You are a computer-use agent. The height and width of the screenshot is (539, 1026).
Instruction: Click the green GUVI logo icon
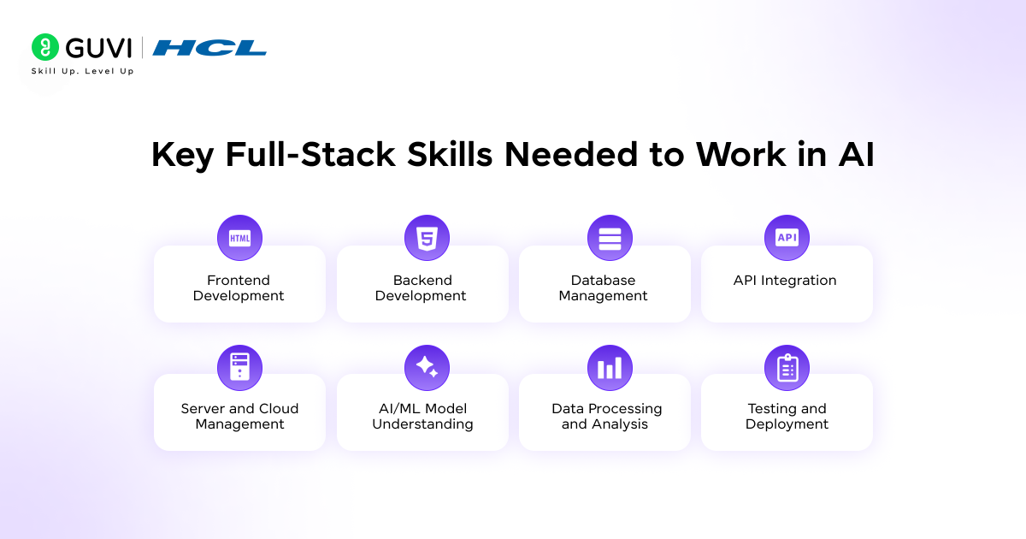coord(45,47)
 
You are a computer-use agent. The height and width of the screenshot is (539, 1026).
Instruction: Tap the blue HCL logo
coord(209,48)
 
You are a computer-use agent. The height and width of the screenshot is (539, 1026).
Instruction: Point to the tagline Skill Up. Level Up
coord(82,71)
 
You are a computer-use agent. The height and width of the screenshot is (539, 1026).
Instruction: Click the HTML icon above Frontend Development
coord(239,238)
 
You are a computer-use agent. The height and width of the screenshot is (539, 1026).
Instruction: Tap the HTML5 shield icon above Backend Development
coord(427,238)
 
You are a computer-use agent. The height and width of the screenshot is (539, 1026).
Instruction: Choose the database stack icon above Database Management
coord(610,238)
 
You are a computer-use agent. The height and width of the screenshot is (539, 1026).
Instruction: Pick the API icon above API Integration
coord(787,238)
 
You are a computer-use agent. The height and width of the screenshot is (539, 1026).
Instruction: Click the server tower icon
coord(239,367)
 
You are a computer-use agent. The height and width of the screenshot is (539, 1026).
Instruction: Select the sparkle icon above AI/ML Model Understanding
coord(427,367)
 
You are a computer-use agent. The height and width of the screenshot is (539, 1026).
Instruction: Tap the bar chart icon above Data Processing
coord(610,368)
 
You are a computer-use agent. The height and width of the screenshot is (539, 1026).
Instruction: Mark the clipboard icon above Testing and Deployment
coord(787,368)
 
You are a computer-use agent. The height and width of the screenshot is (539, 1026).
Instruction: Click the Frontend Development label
coord(239,288)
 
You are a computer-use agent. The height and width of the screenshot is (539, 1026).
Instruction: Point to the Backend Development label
coord(422,288)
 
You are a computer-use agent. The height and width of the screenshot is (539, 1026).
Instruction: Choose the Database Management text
coord(604,288)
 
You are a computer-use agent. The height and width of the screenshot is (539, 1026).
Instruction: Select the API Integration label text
coord(785,281)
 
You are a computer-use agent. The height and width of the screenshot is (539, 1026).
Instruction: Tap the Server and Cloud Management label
coord(239,417)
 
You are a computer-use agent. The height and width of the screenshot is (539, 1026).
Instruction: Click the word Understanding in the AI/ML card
coord(422,424)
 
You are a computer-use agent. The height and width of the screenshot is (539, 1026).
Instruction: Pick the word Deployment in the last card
coord(787,424)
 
